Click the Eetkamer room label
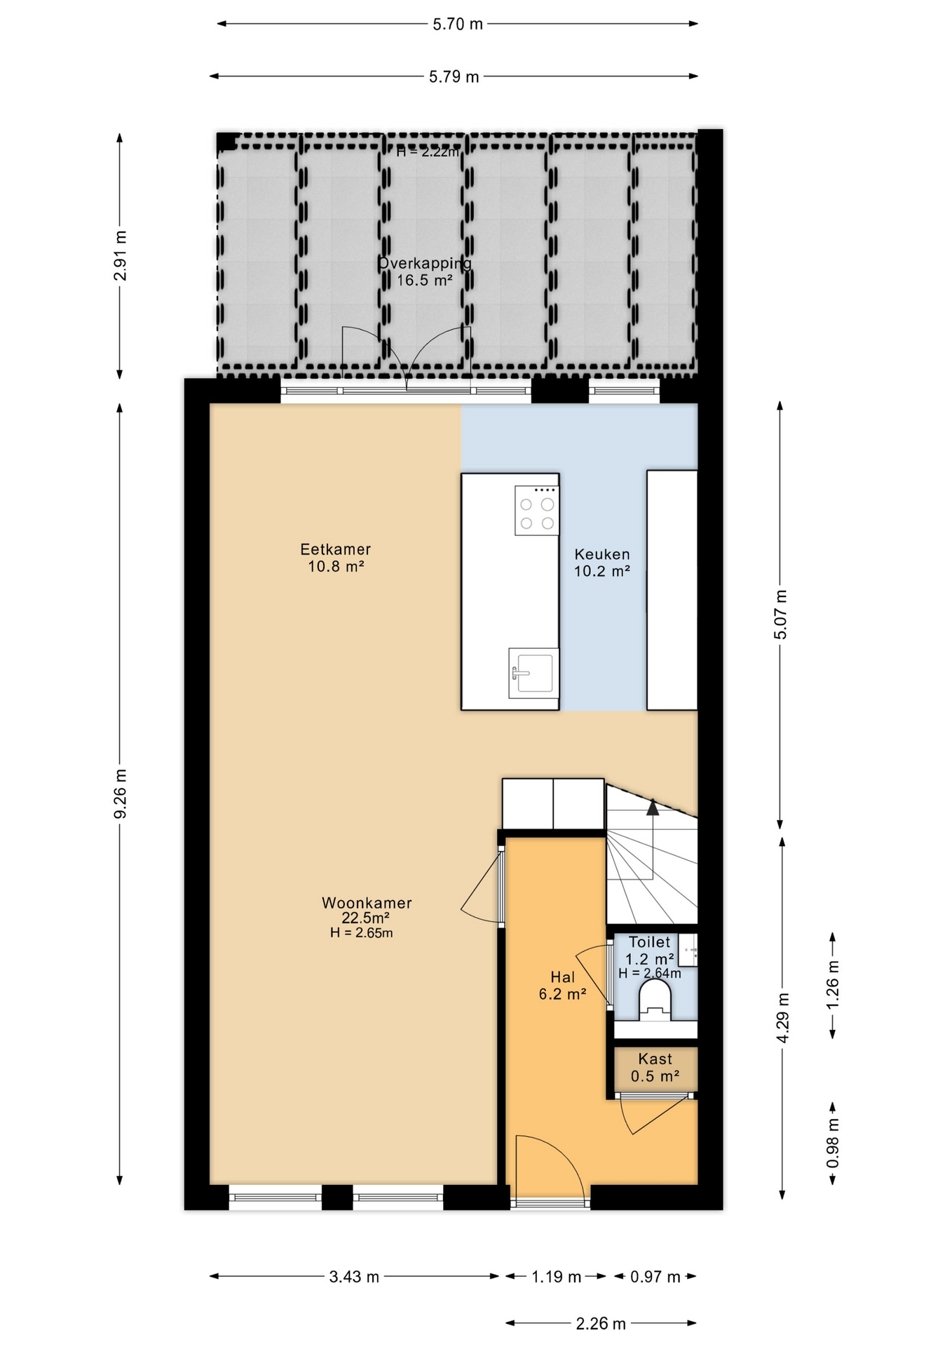tap(336, 549)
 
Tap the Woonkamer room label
tap(367, 903)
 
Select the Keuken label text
tap(602, 554)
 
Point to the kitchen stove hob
tap(537, 511)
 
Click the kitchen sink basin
tap(533, 673)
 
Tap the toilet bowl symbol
tap(655, 999)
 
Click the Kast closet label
tap(655, 1059)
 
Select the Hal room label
tap(563, 977)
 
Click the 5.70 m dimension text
tap(458, 25)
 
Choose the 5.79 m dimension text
tap(454, 76)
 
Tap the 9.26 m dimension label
tap(121, 793)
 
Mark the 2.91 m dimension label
tap(121, 255)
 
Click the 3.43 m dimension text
tap(354, 1277)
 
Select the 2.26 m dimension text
tap(601, 1324)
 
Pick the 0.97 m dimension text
tap(655, 1277)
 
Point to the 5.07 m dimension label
tap(781, 615)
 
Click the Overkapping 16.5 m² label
tap(425, 272)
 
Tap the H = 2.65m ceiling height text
tap(362, 933)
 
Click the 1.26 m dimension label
tap(833, 985)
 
